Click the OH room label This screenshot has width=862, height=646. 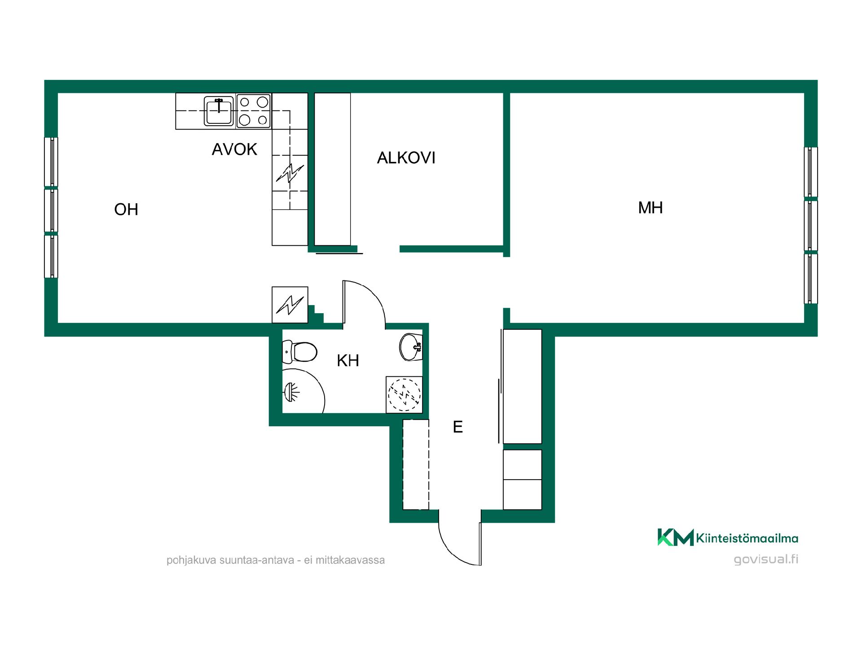click(126, 210)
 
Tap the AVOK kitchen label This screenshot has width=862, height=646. click(234, 149)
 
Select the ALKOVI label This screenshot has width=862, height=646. click(406, 158)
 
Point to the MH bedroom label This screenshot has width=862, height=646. click(651, 208)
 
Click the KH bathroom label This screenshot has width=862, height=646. click(348, 361)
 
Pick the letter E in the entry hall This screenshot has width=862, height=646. click(457, 427)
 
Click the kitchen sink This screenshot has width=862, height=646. click(219, 111)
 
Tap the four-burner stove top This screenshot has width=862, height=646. click(254, 111)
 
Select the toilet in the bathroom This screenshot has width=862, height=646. click(299, 352)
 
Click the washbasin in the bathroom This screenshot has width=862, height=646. click(410, 346)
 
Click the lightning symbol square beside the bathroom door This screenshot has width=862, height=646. click(290, 305)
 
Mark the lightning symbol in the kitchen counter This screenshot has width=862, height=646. click(290, 173)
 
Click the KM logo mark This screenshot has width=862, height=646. click(676, 537)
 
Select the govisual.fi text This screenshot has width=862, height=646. click(766, 560)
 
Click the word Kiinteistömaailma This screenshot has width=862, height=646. click(747, 538)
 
